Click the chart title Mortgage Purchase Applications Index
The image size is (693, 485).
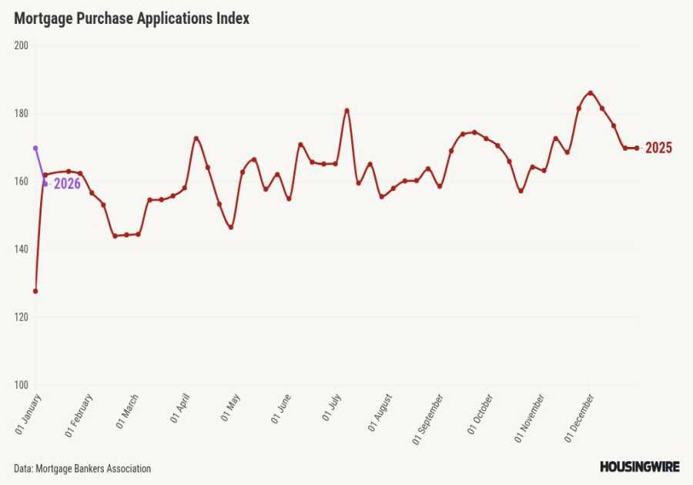132,19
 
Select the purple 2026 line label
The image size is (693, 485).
67,184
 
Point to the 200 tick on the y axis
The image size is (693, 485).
21,45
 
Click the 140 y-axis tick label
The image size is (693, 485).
21,249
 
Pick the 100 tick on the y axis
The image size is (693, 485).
21,385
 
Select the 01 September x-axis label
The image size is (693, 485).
428,419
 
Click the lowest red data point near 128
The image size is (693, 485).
35,291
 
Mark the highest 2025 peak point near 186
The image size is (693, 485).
591,93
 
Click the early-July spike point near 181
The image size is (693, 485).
346,110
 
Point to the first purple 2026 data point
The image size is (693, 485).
35,148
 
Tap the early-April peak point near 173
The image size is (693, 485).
196,139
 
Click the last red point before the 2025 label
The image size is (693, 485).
637,148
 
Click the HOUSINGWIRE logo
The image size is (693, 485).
638,467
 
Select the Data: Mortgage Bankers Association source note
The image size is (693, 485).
82,468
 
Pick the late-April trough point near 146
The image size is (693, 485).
230,227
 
